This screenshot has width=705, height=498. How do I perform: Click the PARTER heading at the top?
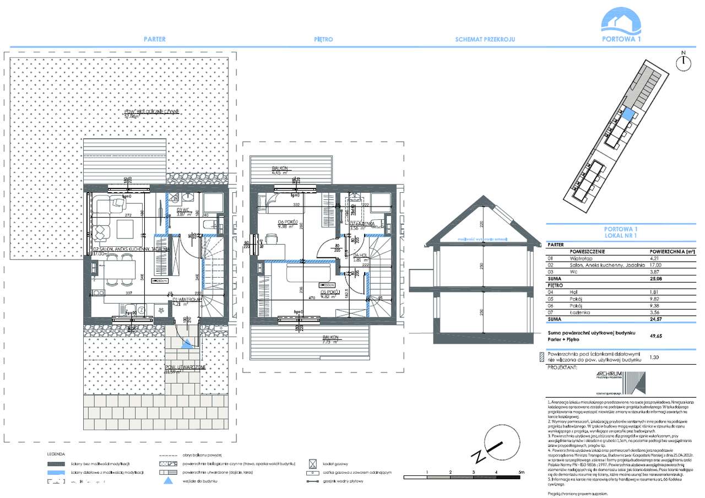[x=154, y=40]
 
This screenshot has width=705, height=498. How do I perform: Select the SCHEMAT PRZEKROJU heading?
[x=485, y=40]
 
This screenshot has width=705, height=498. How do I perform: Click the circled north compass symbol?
[x=683, y=61]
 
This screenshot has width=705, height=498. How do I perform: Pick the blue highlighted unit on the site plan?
[x=628, y=115]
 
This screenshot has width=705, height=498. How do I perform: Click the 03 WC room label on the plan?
[x=183, y=210]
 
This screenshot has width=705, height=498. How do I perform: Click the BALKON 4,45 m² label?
[x=281, y=170]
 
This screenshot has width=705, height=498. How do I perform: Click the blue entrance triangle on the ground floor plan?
[x=186, y=344]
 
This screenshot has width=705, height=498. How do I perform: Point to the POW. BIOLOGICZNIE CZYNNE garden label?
[x=152, y=114]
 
